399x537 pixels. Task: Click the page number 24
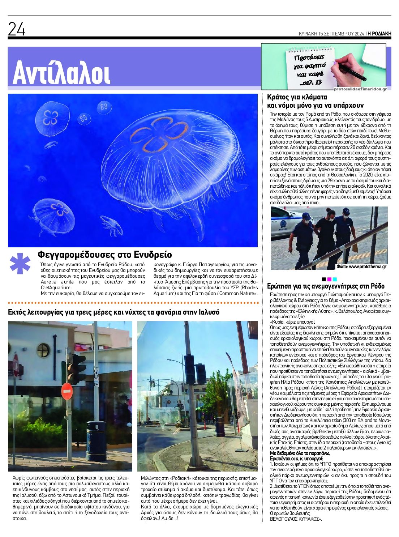[x=17, y=29]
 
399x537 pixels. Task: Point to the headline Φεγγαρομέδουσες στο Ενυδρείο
[x=105, y=255]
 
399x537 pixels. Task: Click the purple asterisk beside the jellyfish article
[x=20, y=263]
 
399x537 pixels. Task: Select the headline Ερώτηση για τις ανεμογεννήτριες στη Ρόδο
[x=326, y=286]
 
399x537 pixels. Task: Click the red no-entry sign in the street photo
[x=67, y=391]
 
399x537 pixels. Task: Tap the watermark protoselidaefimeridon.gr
[x=360, y=89]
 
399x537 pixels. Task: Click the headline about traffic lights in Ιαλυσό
[x=113, y=312]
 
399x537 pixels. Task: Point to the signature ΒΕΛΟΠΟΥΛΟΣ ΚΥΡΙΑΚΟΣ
[x=296, y=519]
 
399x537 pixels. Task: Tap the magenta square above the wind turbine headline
[x=329, y=279]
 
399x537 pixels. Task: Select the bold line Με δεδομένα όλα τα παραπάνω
[x=300, y=453]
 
